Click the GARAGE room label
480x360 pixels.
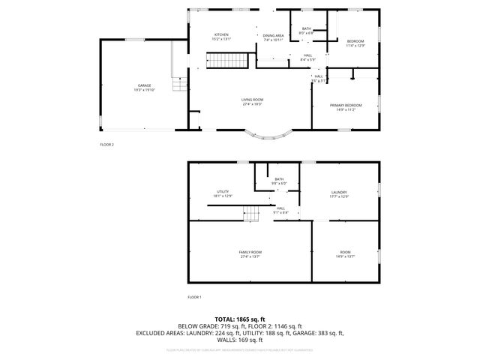144,88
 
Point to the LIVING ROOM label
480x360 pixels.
252,101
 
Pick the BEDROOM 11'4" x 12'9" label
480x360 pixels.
355,42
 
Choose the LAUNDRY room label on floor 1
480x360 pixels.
340,193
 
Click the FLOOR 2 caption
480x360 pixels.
107,144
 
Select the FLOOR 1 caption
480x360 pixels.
194,297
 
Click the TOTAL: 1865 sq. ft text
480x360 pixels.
240,319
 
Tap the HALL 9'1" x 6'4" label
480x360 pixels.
281,210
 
